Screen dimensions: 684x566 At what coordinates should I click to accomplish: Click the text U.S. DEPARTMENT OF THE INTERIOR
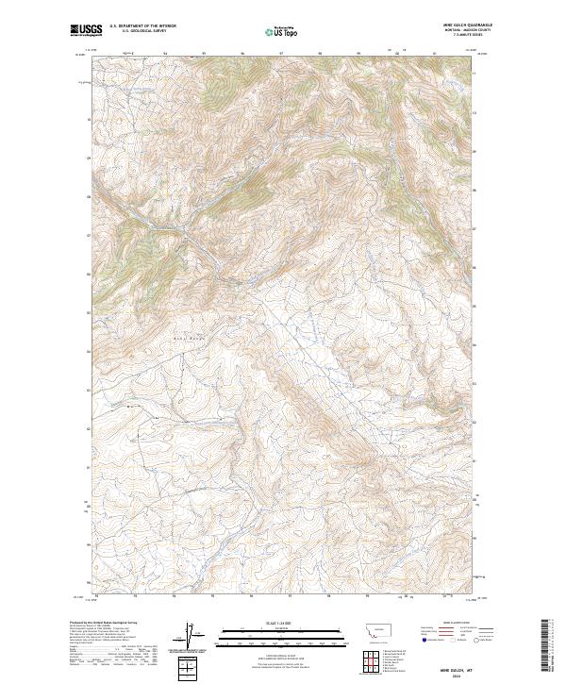142,26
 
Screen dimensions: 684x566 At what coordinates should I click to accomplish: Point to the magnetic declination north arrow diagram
189,637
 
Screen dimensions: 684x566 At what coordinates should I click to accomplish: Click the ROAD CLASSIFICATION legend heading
456,624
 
